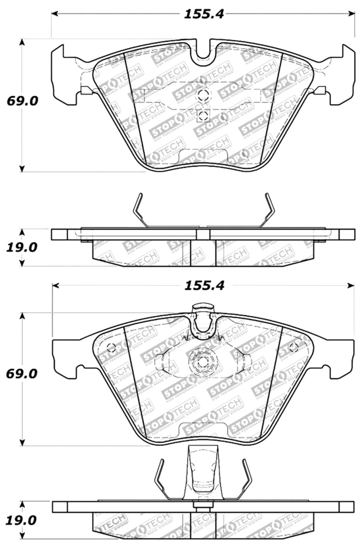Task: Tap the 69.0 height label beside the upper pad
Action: click(22, 101)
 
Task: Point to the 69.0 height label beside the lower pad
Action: click(22, 373)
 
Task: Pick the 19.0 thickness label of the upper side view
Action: click(22, 248)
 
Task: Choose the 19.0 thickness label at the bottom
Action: click(22, 520)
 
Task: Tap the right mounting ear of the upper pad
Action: click(342, 75)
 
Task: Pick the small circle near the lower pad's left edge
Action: click(112, 348)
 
